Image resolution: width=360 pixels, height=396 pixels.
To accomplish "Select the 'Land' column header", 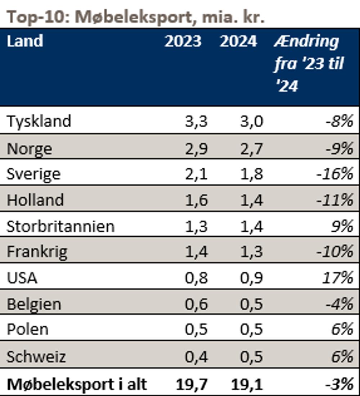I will (25, 41).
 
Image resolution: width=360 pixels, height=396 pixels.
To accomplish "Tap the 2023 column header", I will (183, 41).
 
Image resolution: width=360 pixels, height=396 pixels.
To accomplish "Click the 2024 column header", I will (238, 41).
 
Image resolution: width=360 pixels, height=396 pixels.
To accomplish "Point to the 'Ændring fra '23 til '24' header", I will (308, 64).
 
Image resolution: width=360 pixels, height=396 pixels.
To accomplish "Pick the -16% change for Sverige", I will (335, 174).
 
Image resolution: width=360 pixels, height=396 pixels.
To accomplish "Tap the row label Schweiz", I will (36, 357).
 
